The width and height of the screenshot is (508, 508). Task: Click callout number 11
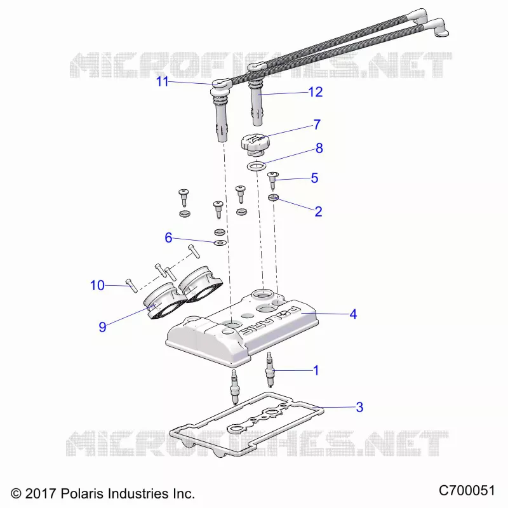point(163,82)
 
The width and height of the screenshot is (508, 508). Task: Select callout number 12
point(316,92)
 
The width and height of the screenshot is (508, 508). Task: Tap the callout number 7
point(317,124)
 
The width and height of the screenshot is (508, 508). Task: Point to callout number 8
point(319,148)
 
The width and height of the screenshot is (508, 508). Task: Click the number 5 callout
point(314,178)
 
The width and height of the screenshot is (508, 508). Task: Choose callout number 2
point(319,211)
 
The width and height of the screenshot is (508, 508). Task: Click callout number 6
point(168,237)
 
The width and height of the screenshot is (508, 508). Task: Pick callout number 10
point(97,285)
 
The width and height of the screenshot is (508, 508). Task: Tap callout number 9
point(102,327)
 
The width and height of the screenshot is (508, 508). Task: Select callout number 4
point(353,314)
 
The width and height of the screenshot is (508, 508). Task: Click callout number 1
point(316,370)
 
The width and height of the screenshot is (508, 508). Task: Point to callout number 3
point(359,407)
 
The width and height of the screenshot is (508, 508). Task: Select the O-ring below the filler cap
point(257,166)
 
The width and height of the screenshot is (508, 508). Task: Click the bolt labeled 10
point(131,285)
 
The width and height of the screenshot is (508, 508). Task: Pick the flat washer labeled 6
point(220,243)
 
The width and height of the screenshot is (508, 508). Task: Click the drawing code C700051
point(467,490)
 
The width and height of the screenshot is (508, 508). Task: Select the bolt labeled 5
point(272,180)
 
